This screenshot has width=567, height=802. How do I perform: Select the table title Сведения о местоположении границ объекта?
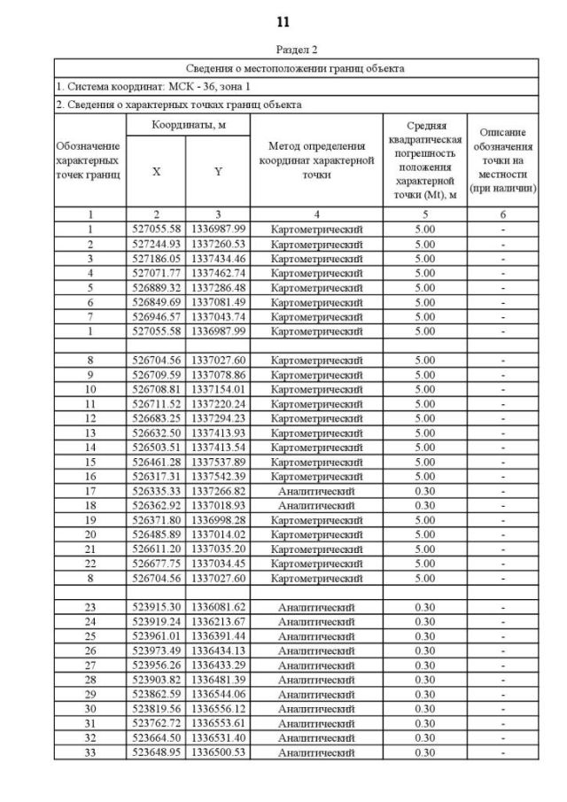[x=296, y=68]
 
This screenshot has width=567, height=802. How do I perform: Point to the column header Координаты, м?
[x=188, y=126]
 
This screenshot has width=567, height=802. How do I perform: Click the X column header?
[x=156, y=172]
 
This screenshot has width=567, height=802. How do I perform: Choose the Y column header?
[x=218, y=172]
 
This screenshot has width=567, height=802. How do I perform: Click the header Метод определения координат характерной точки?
[x=316, y=160]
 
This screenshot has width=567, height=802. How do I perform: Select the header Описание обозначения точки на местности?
[x=503, y=160]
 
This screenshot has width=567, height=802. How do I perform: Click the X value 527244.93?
[x=156, y=244]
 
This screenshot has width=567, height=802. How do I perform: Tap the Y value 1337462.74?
[x=218, y=273]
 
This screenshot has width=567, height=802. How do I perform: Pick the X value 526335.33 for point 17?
[x=156, y=491]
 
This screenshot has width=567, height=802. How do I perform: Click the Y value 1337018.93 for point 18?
[x=218, y=505]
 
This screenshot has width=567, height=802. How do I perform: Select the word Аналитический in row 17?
[x=316, y=491]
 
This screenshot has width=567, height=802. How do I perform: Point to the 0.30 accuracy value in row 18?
[x=425, y=505]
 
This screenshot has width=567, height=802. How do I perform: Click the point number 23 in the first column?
[x=89, y=607]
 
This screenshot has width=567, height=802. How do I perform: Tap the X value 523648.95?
[x=156, y=752]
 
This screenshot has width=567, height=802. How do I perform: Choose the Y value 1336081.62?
[x=218, y=607]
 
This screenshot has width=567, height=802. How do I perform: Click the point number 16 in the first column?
[x=89, y=476]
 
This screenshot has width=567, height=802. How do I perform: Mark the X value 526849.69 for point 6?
[x=156, y=302]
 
